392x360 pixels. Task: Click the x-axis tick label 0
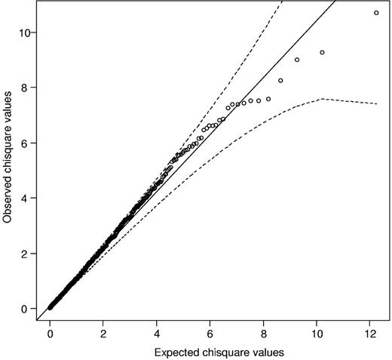pyautogui.click(x=51, y=333)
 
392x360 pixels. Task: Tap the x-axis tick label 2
pyautogui.click(x=103, y=333)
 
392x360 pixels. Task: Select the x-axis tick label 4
pyautogui.click(x=157, y=333)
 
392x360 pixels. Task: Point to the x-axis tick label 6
pyautogui.click(x=210, y=333)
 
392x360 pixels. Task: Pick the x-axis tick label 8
pyautogui.click(x=264, y=333)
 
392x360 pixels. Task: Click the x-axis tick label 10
pyautogui.click(x=317, y=333)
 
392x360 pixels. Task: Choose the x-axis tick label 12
pyautogui.click(x=370, y=333)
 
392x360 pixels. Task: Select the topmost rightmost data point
pyautogui.click(x=376, y=13)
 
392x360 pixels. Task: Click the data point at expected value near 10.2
pyautogui.click(x=322, y=52)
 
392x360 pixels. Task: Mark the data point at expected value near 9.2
pyautogui.click(x=296, y=60)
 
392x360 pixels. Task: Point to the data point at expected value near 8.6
pyautogui.click(x=280, y=80)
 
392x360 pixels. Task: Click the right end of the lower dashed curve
pyautogui.click(x=377, y=104)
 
